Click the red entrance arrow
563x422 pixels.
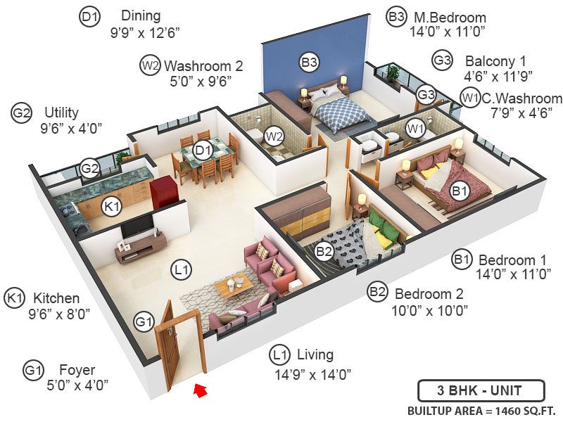[x=201, y=389]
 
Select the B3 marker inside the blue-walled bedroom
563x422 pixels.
[x=309, y=62]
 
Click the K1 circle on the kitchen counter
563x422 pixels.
[x=112, y=205]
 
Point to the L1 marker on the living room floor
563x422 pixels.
[x=182, y=268]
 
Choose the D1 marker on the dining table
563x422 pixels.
[x=203, y=149]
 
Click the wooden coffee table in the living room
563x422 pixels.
[x=234, y=286]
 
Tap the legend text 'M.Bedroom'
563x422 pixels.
[x=449, y=18]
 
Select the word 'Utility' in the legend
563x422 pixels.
[x=61, y=113]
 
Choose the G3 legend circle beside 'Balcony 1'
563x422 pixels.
[x=442, y=61]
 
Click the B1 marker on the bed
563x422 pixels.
[x=460, y=190]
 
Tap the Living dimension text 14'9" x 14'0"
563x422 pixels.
[x=313, y=374]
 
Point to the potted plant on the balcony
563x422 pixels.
[x=392, y=73]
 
